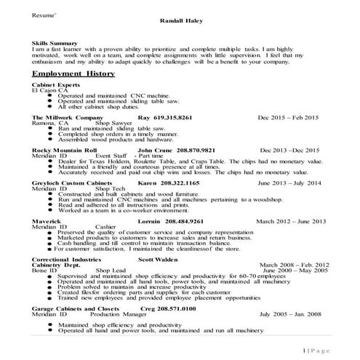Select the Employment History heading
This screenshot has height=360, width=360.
(73, 74)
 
